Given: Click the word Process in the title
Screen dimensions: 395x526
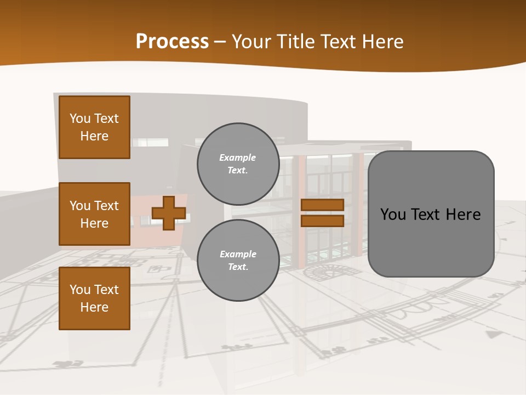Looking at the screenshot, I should [172, 41].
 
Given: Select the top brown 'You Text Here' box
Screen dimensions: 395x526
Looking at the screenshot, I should [94, 127].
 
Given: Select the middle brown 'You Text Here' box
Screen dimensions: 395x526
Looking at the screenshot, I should [94, 214].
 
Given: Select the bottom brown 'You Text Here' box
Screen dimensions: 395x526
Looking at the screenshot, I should [94, 298].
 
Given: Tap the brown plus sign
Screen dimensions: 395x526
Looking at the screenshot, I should [169, 213].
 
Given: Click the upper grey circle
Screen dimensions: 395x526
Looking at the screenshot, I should [238, 164].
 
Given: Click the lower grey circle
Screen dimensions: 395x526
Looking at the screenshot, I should [238, 261].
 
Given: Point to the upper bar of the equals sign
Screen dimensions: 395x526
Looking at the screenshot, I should [322, 205].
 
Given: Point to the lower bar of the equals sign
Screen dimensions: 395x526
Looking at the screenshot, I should [322, 221].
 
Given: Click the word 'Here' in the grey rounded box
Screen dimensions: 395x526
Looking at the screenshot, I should [463, 215].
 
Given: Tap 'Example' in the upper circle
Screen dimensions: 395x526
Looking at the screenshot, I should [238, 158].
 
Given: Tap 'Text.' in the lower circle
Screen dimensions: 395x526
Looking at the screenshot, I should [238, 267].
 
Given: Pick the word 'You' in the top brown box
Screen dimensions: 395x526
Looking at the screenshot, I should [80, 119].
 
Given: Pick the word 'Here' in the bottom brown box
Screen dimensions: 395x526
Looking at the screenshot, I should [94, 307].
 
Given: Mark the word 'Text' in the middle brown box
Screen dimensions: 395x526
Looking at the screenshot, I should [106, 206].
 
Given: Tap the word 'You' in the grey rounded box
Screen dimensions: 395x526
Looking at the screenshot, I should [393, 215].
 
